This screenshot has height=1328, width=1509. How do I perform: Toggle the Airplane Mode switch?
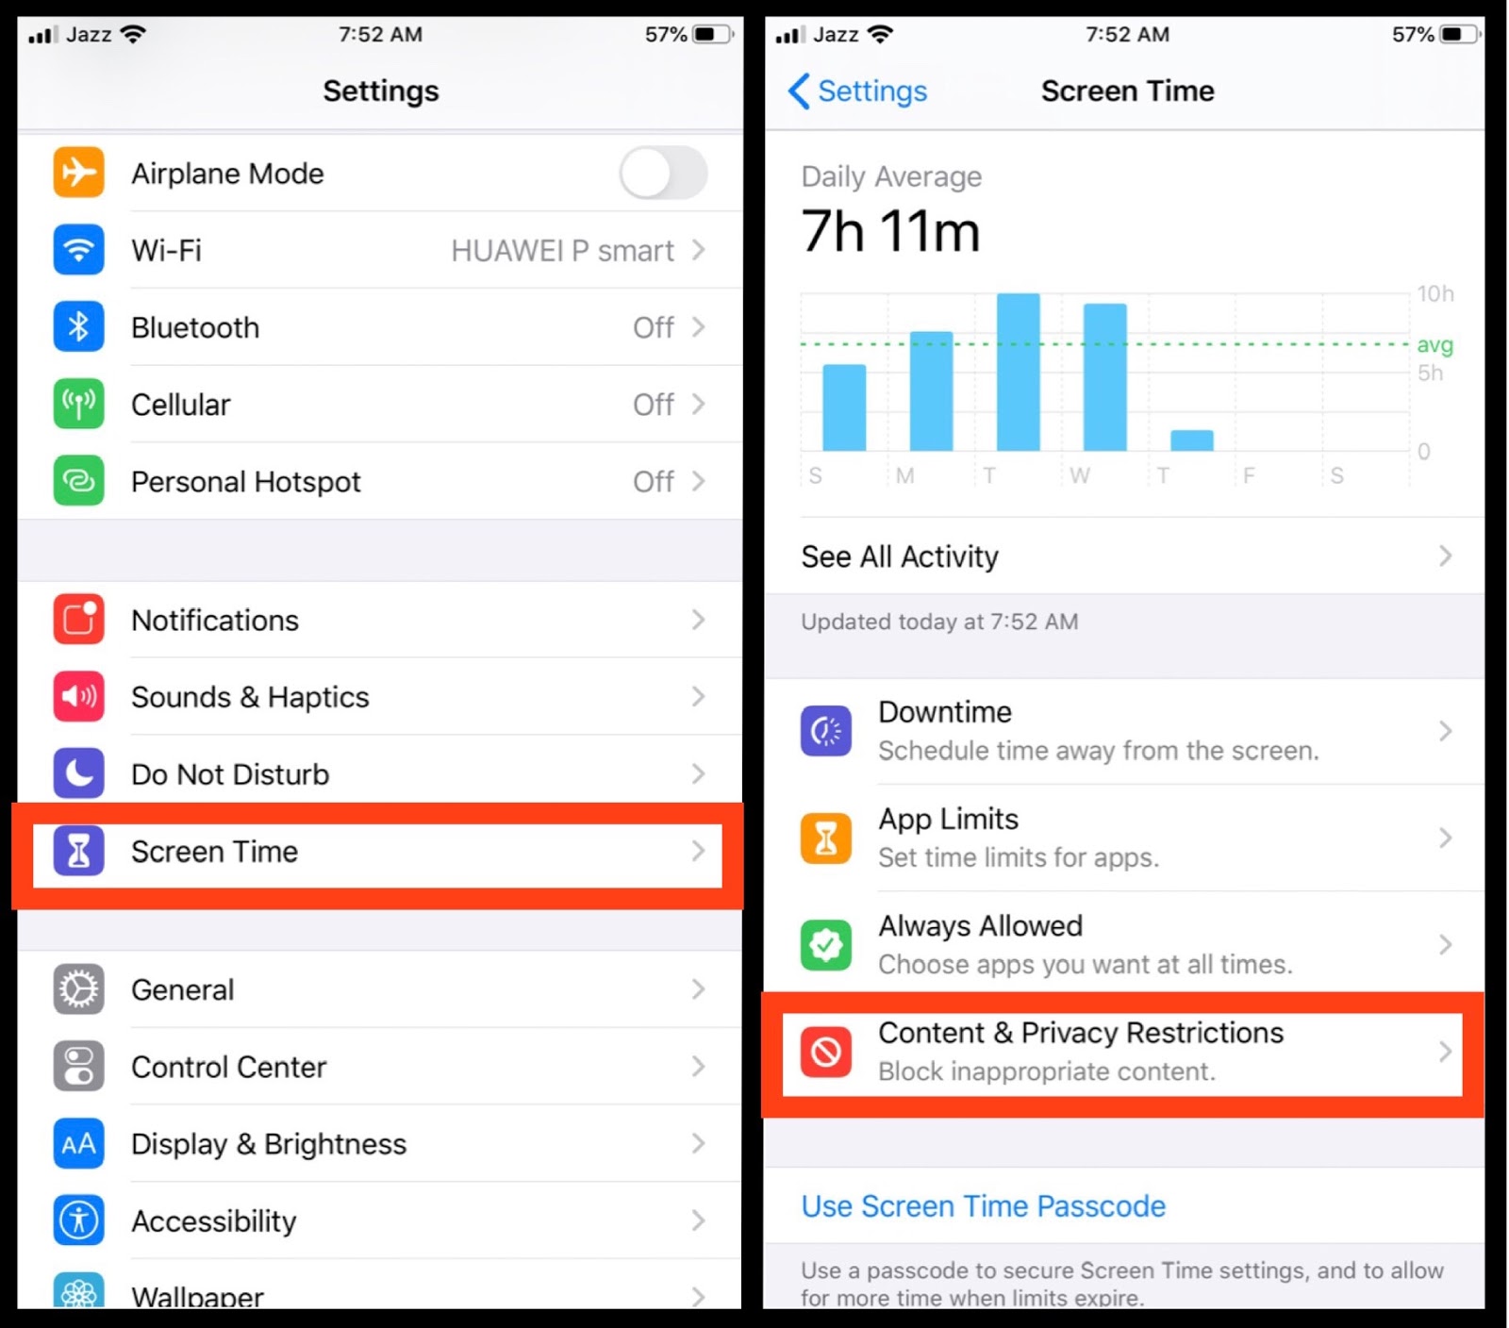[x=663, y=174]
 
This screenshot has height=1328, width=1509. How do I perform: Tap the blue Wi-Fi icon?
[x=78, y=250]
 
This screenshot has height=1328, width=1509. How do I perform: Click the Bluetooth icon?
[x=78, y=327]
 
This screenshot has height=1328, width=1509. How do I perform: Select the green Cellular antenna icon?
[x=78, y=405]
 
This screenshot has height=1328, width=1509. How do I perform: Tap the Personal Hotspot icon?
[x=78, y=481]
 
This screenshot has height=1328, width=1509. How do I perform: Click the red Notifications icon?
[x=78, y=620]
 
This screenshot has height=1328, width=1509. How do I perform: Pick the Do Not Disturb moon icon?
[x=78, y=773]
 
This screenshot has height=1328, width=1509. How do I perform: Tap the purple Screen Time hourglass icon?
[x=78, y=851]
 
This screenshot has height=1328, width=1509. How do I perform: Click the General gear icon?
[x=78, y=989]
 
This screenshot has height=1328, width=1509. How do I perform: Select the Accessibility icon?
[x=78, y=1220]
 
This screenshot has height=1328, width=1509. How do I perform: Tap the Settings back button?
[x=857, y=91]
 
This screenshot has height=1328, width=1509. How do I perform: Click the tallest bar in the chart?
[x=1019, y=372]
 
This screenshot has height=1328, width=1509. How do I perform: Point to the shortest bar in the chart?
[x=1192, y=440]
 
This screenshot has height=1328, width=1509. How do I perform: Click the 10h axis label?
[x=1435, y=293]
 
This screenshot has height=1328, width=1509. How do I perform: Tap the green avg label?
[x=1434, y=345]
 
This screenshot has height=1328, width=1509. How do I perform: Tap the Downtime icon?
[x=826, y=731]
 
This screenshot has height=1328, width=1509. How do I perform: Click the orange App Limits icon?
[x=826, y=838]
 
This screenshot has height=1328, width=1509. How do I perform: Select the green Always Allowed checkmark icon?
[x=826, y=944]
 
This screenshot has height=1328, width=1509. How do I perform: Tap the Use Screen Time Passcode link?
[x=984, y=1206]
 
